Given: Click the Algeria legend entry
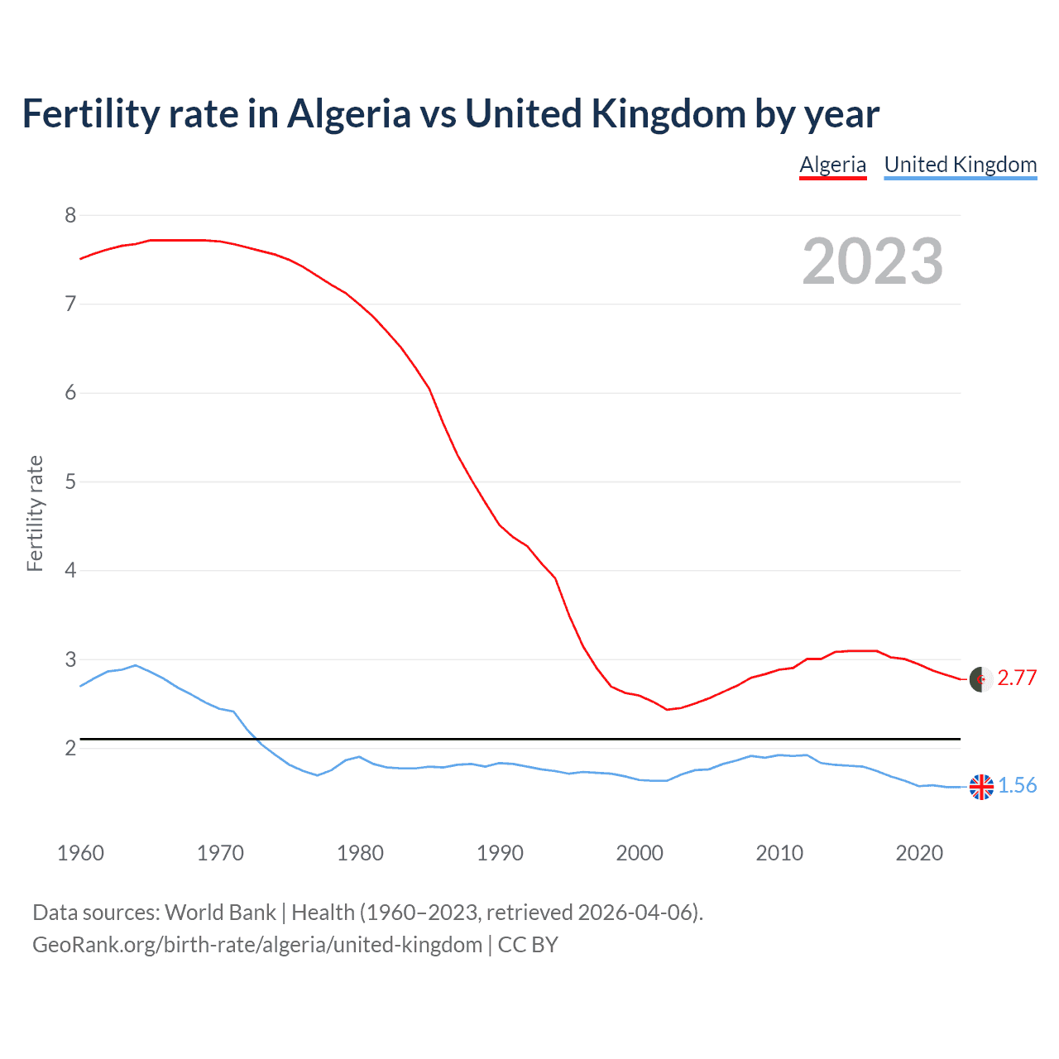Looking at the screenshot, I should (x=832, y=165).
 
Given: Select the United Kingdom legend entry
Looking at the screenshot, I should (x=960, y=165).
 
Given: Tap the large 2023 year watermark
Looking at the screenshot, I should (x=872, y=261).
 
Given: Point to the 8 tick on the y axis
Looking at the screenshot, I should (x=70, y=216).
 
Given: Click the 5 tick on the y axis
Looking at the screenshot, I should (x=70, y=482).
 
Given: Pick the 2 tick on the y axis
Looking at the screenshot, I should (x=70, y=748).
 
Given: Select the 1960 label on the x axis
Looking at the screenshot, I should (x=80, y=853).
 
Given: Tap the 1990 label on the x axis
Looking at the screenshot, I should (x=500, y=853).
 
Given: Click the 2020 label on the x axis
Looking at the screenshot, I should (x=919, y=853).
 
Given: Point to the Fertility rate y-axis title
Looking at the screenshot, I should (x=35, y=513).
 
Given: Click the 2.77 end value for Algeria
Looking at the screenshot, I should (x=1017, y=678).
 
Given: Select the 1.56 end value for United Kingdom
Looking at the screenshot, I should (x=1017, y=785).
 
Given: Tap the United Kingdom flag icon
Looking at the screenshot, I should (x=981, y=787).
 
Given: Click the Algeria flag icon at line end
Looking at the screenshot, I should (x=981, y=679).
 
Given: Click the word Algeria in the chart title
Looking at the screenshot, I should (x=348, y=114).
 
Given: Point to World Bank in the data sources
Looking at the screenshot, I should (x=220, y=913).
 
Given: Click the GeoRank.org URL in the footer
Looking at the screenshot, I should (x=256, y=945).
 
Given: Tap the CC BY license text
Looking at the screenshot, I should (x=528, y=945).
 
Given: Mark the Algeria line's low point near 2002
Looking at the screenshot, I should (x=667, y=710).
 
